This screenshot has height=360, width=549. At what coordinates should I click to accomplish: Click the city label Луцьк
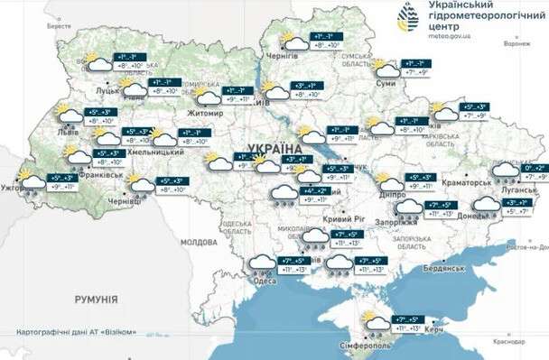tap(109, 91)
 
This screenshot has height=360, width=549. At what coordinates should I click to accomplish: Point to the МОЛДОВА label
tap(198, 243)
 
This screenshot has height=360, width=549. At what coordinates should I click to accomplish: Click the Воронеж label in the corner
tap(516, 43)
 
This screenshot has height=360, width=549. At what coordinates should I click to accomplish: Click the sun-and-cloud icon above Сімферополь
tap(370, 319)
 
